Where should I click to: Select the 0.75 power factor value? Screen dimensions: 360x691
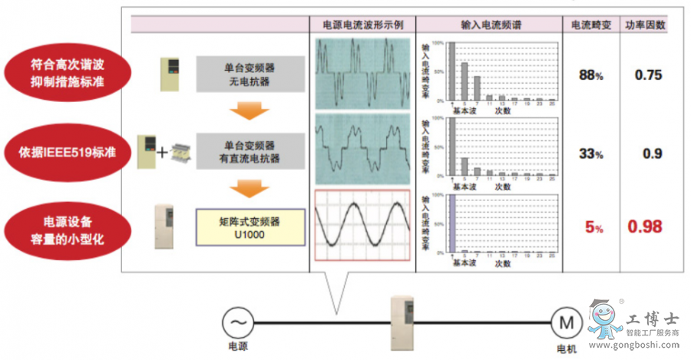[x=648, y=75]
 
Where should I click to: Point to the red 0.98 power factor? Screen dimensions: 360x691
[x=645, y=226]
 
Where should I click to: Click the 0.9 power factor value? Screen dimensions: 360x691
[x=652, y=154]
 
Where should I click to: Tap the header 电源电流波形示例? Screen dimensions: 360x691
[x=362, y=25]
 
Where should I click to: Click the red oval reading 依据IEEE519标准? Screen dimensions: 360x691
[x=68, y=151]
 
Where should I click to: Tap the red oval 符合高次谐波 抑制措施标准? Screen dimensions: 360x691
[x=68, y=74]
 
